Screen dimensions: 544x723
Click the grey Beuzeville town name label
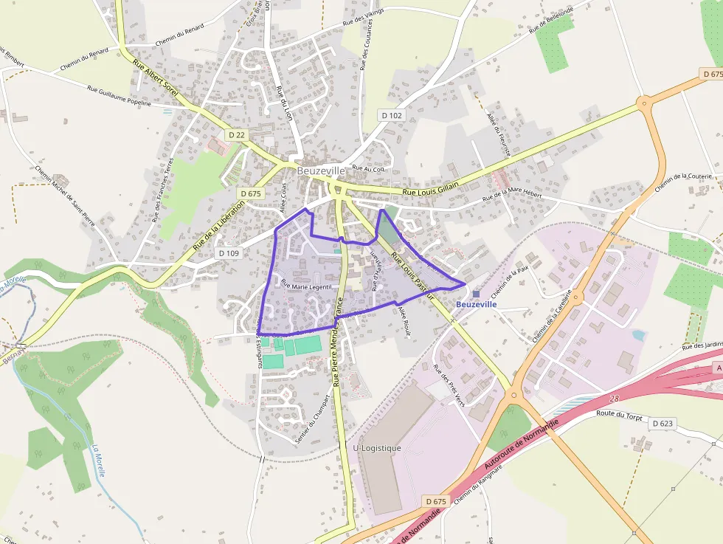tap(321, 171)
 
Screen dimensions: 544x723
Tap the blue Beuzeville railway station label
tap(476, 304)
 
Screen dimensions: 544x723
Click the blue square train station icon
tap(476, 294)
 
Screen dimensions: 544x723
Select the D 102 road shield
tap(392, 115)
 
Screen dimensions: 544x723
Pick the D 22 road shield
tap(236, 135)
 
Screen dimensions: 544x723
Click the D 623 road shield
tap(662, 424)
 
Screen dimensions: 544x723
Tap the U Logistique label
tap(377, 448)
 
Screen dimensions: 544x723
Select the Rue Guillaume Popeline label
tap(119, 97)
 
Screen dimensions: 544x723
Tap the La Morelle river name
tap(99, 459)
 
